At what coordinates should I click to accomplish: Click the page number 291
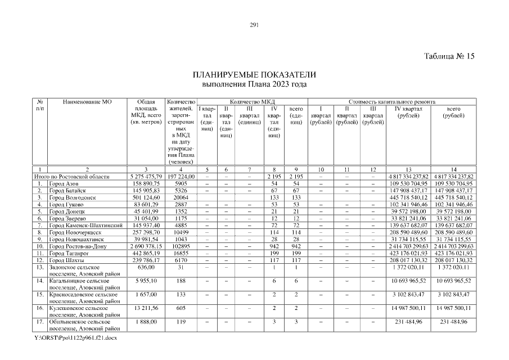(254, 24)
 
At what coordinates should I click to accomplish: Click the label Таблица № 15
(450, 56)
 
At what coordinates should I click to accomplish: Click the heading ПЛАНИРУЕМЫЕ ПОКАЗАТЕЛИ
(254, 75)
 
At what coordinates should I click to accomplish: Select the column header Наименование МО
(88, 102)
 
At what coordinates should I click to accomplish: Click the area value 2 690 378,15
(146, 246)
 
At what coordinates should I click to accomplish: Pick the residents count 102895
(181, 246)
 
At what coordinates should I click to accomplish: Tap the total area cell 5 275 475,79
(146, 177)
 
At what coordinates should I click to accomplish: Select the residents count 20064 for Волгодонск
(181, 197)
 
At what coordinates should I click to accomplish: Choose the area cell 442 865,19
(146, 253)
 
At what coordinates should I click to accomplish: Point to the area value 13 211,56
(146, 308)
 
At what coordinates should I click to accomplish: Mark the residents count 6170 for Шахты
(181, 260)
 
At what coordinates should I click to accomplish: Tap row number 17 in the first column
(40, 322)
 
